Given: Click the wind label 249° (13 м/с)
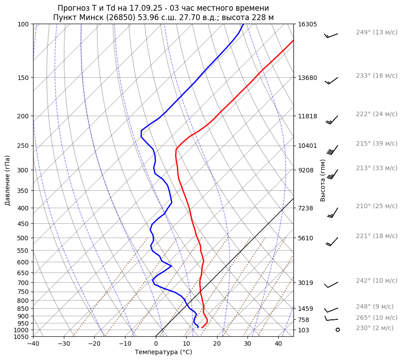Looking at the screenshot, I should click(377, 33).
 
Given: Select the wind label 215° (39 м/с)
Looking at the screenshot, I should click(377, 144).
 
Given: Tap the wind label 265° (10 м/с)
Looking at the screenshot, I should click(377, 318).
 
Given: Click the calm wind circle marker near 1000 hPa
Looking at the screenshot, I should click(338, 330).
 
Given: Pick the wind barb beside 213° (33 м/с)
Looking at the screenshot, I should click(332, 174).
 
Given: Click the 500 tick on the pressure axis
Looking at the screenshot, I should click(23, 238).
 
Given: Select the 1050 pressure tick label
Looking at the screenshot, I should click(21, 337).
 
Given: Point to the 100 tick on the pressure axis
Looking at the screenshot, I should click(23, 24).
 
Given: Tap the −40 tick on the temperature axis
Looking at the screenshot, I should click(33, 343).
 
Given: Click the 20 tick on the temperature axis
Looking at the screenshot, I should click(217, 343).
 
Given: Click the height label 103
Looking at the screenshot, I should click(303, 330).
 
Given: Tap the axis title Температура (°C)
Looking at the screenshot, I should click(163, 352).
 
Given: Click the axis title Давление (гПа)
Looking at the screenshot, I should click(8, 180).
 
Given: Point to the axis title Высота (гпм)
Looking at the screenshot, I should click(323, 180).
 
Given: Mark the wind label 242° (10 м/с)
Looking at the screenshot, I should click(377, 281).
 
